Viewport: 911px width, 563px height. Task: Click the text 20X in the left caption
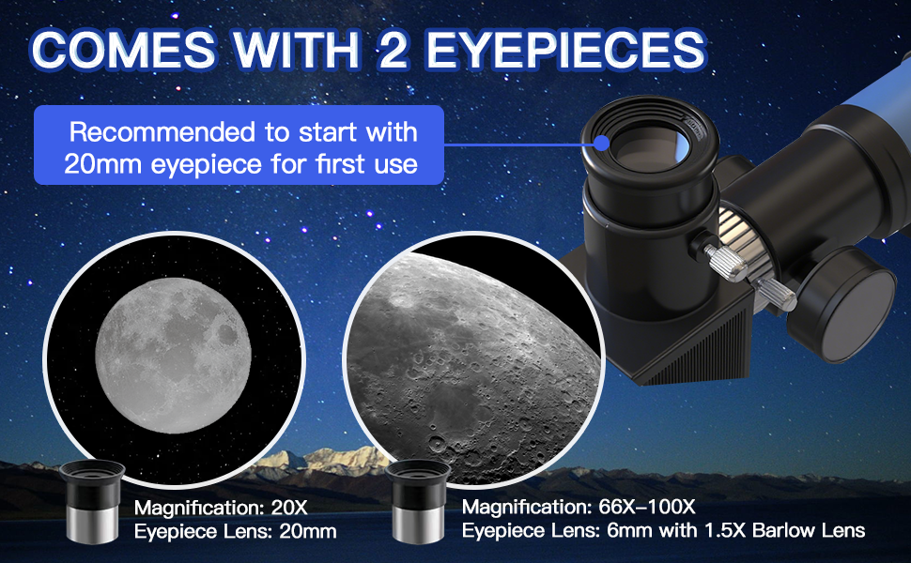(288, 510)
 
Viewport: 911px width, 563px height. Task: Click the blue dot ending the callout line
(602, 144)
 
